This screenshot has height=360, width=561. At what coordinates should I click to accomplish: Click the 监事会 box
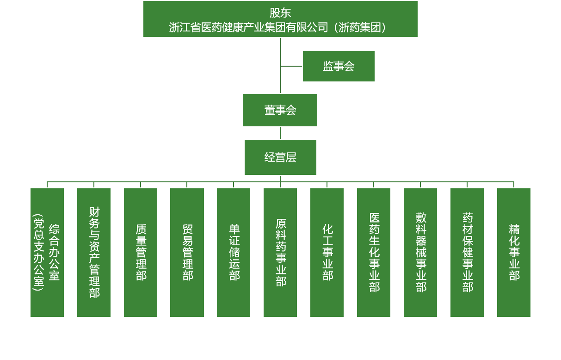coord(339,66)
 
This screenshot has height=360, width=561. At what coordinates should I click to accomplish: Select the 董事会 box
coord(280,110)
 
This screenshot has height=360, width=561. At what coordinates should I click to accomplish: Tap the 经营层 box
coord(280,157)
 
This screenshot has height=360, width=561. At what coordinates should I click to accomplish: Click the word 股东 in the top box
coord(280,12)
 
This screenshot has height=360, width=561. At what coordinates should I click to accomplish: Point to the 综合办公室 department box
coord(47,253)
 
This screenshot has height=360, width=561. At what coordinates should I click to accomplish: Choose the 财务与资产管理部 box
coord(94,253)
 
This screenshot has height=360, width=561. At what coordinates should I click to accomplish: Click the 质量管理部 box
coord(141,253)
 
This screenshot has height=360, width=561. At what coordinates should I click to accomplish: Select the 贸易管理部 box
coord(187,253)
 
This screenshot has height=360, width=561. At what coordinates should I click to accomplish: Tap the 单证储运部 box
coord(234,253)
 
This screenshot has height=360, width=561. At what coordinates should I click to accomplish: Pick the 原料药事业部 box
coord(280,253)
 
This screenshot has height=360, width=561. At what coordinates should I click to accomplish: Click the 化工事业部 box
coord(327,253)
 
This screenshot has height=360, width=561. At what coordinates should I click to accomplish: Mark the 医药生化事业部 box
coord(374,253)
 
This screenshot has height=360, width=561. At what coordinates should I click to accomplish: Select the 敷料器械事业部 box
coord(420,253)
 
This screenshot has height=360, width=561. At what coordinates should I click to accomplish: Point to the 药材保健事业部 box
coord(467,253)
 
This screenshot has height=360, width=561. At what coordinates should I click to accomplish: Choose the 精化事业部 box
coord(514,253)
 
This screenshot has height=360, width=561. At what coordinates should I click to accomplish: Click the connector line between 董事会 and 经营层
coord(280,133)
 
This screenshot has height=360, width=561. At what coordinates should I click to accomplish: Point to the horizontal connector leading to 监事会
coord(291,66)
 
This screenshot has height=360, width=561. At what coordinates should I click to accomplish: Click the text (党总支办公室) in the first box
coord(38,253)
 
